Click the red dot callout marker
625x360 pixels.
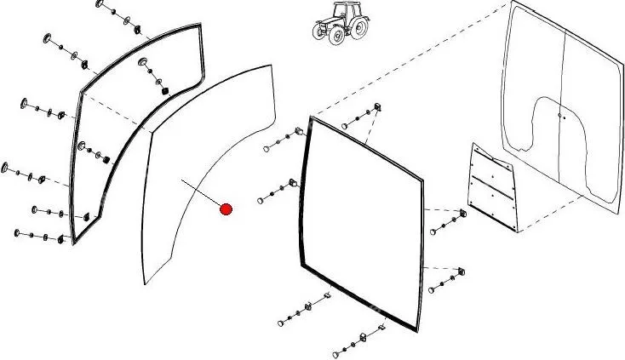(226, 209)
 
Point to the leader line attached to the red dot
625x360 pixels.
(203, 194)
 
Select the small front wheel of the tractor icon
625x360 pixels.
(324, 33)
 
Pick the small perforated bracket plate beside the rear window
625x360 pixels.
(493, 186)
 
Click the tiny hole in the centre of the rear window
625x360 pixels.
(559, 114)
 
